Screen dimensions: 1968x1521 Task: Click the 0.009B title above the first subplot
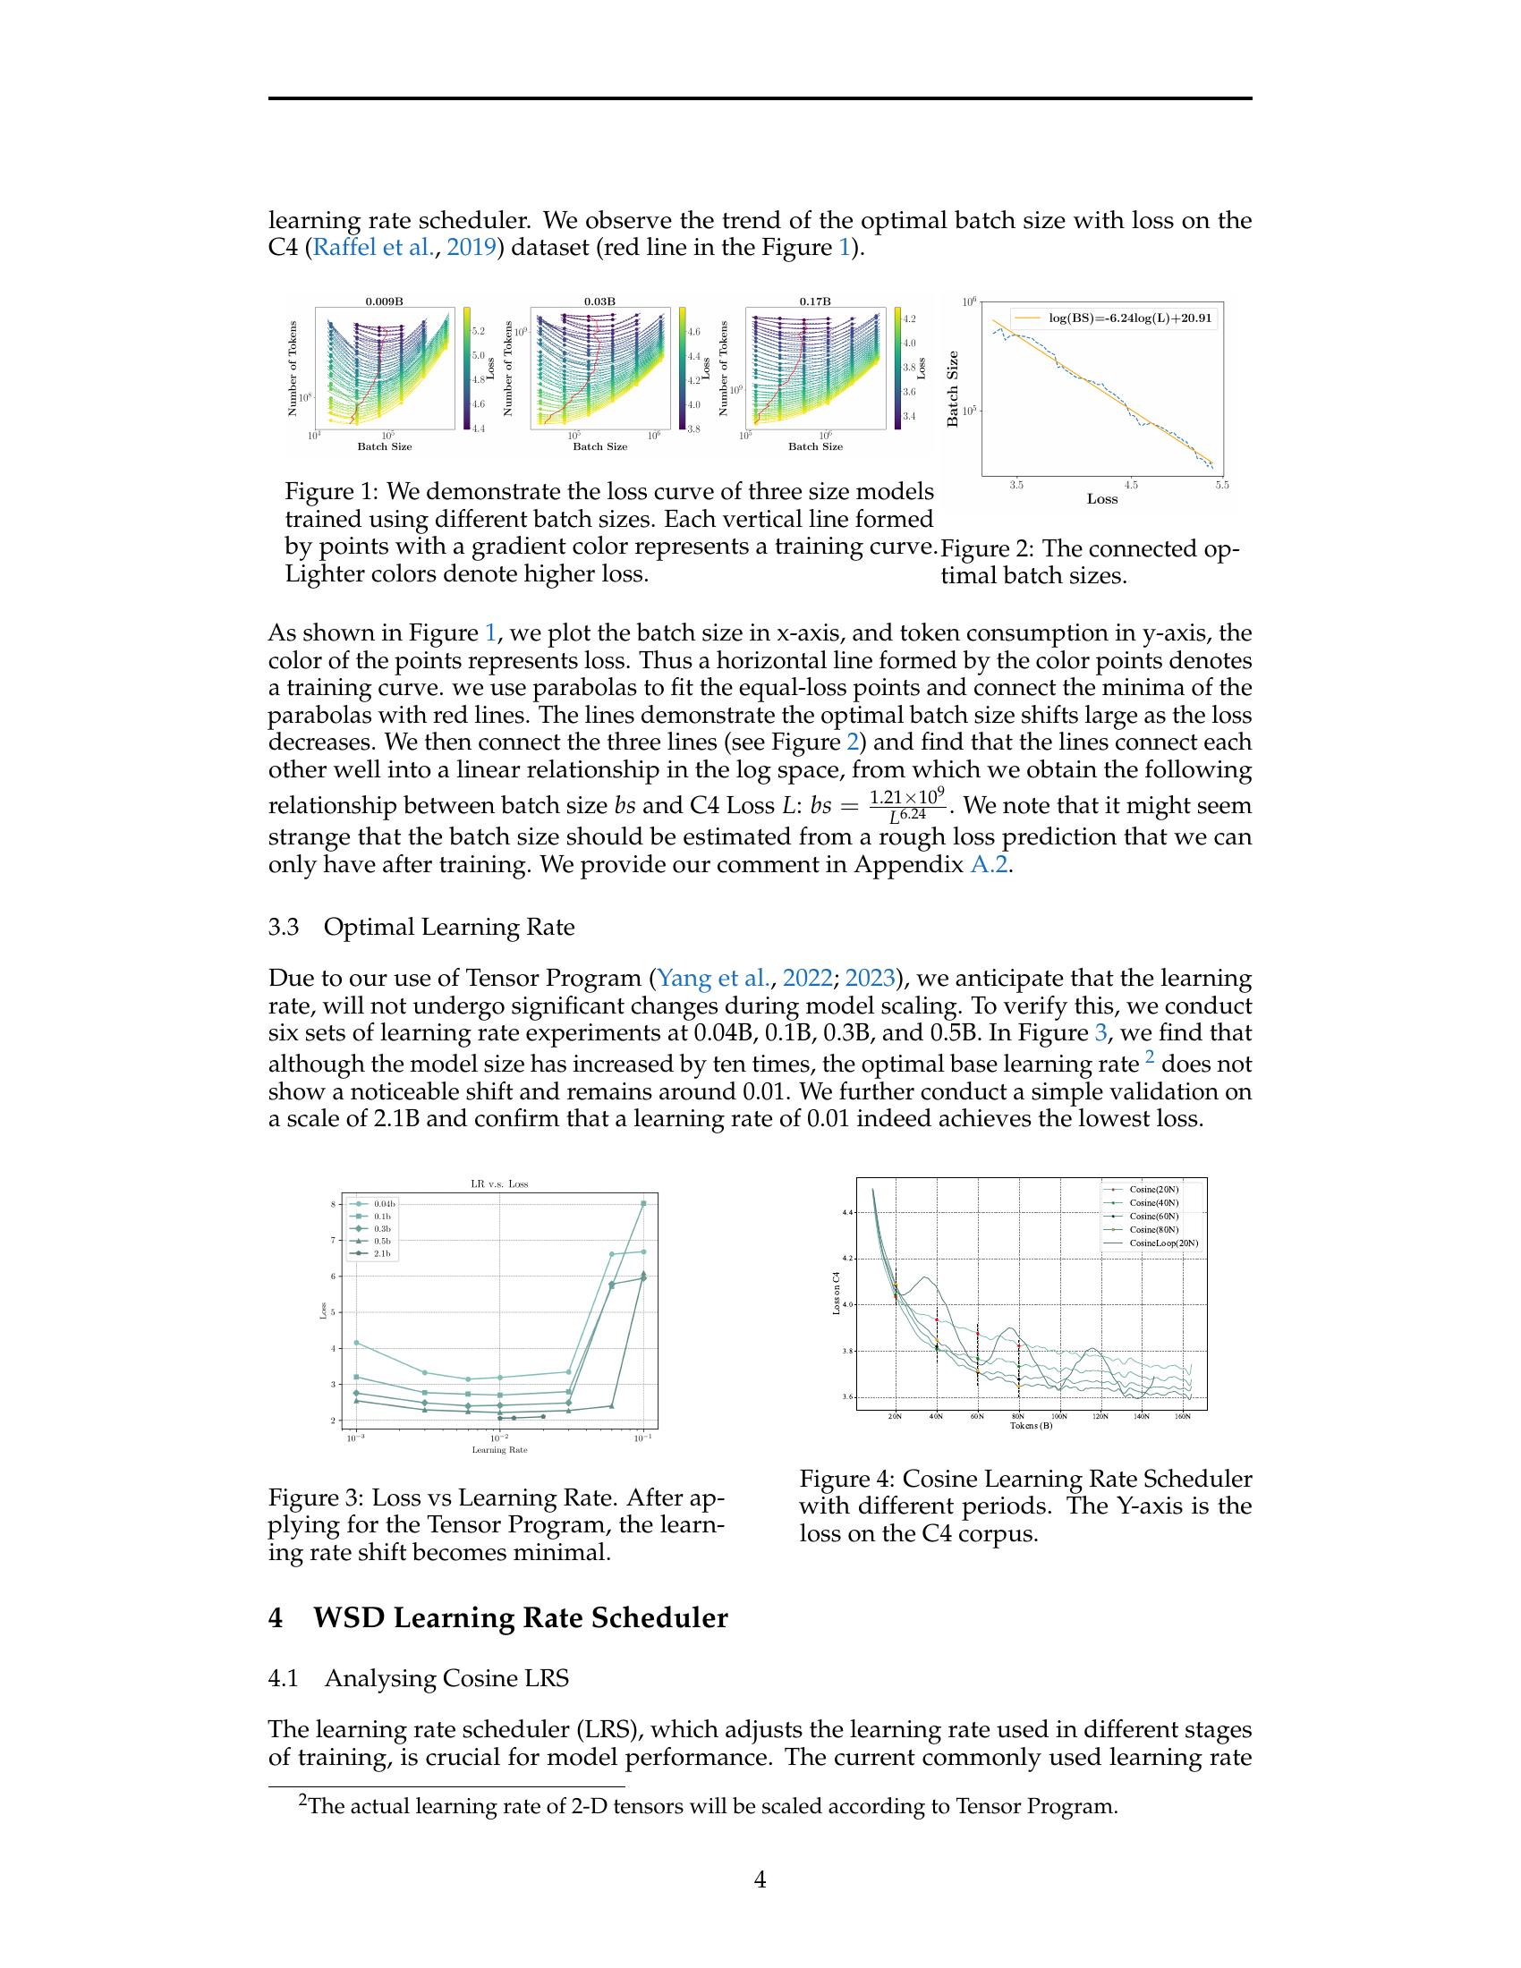tap(383, 301)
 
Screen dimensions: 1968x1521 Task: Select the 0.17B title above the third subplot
tap(814, 301)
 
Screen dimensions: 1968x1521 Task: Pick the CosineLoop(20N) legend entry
tap(1163, 1243)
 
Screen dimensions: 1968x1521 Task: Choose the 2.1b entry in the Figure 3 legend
tap(382, 1253)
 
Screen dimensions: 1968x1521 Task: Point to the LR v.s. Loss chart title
tap(499, 1183)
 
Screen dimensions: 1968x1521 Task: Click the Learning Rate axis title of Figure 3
tap(499, 1450)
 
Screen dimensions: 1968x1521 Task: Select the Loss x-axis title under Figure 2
tap(1101, 499)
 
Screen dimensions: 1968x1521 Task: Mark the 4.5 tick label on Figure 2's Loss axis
tap(1132, 485)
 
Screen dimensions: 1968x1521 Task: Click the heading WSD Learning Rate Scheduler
tap(520, 1617)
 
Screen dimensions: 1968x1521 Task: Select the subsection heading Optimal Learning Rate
tap(449, 928)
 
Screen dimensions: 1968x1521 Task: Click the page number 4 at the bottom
tap(760, 1879)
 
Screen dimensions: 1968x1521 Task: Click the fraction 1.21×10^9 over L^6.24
tap(906, 806)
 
